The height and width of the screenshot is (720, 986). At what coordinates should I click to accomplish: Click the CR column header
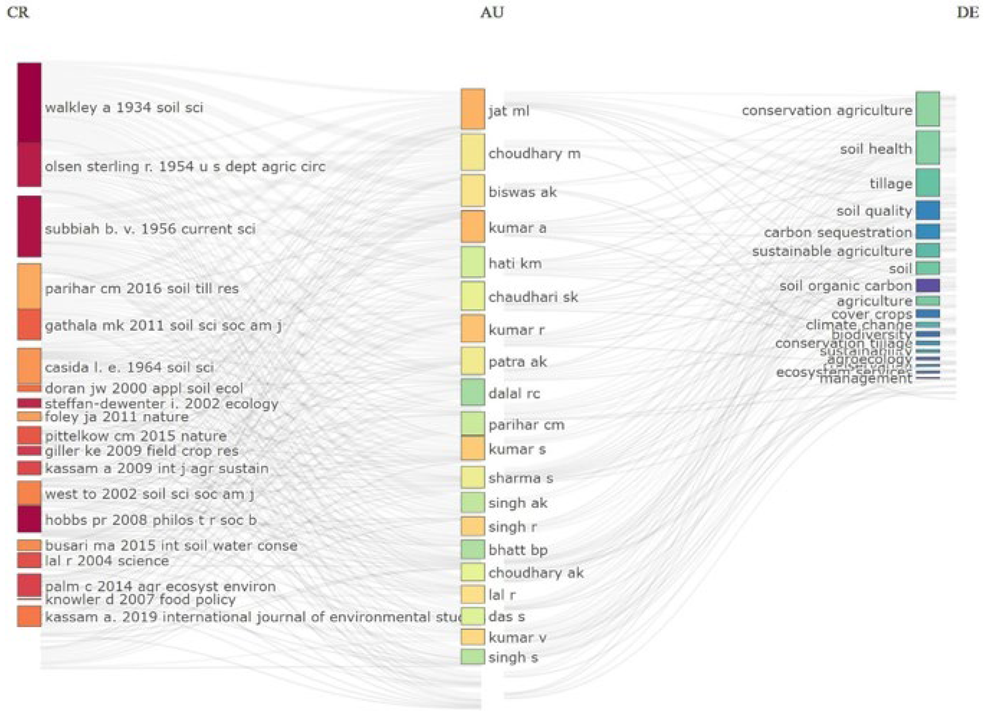[18, 12]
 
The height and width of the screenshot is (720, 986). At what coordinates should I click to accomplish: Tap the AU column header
[492, 12]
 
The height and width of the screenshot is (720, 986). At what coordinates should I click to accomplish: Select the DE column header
[968, 12]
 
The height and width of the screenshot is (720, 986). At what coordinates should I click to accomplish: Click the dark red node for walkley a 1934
[29, 103]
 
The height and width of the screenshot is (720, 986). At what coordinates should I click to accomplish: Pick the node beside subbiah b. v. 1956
[29, 226]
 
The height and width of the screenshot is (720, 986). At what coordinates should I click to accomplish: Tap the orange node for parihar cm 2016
[29, 286]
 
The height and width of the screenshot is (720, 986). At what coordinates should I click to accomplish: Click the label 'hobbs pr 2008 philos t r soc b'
[151, 520]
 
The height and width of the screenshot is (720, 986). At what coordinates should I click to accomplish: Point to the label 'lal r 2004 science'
[107, 561]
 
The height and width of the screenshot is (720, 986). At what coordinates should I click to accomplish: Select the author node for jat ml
[473, 109]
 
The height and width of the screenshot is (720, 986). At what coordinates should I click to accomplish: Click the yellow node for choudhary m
[473, 152]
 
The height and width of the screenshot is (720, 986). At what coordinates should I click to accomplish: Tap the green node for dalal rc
[473, 392]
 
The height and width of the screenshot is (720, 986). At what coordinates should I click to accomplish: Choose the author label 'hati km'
[515, 263]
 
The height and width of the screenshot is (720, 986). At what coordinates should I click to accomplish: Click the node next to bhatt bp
[473, 549]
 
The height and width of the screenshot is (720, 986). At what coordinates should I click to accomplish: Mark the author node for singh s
[473, 657]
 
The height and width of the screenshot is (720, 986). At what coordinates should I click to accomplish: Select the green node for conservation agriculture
[927, 109]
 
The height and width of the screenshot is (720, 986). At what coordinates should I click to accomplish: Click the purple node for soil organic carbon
[927, 286]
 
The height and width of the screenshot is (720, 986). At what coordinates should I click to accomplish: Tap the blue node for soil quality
[927, 210]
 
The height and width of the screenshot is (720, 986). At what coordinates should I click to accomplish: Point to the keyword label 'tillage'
[891, 184]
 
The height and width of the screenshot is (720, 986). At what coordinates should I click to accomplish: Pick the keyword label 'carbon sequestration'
[838, 232]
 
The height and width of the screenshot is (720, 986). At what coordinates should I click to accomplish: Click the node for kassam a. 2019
[29, 616]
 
